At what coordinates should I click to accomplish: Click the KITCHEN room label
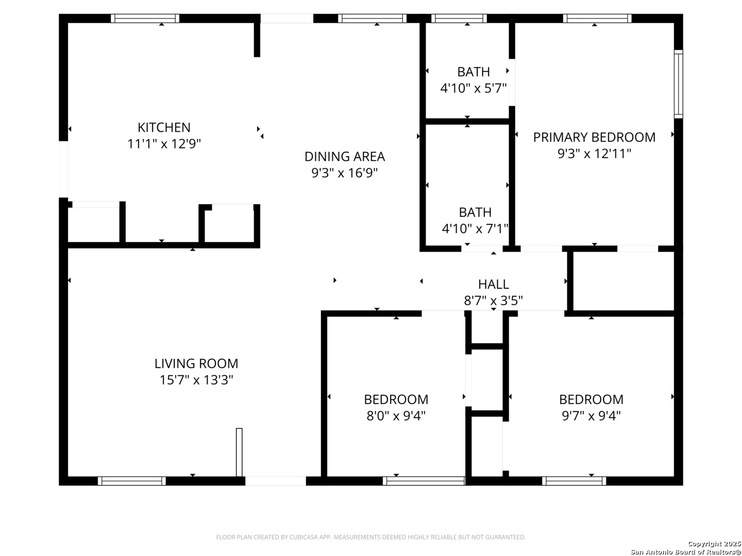click(x=164, y=127)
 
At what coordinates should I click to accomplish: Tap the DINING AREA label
click(x=345, y=157)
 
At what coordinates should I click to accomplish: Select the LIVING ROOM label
click(x=196, y=363)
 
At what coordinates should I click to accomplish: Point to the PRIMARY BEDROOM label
click(x=594, y=137)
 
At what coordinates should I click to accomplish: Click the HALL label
click(x=494, y=284)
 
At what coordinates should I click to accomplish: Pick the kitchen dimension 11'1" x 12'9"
click(x=164, y=144)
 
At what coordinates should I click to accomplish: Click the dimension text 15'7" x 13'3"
click(x=196, y=380)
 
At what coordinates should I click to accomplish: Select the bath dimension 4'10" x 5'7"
click(x=473, y=89)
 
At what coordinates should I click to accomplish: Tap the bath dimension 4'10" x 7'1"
click(x=475, y=229)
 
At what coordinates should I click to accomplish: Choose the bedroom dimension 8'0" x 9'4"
click(x=396, y=416)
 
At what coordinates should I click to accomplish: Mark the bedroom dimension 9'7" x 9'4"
click(x=591, y=416)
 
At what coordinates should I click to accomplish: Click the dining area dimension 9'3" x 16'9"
click(x=345, y=173)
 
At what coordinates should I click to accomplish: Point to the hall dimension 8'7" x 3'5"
click(x=494, y=301)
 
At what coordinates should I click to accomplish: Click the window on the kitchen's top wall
click(x=145, y=18)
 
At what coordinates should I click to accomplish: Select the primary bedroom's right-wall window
click(x=679, y=84)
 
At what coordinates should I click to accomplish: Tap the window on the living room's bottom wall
click(x=132, y=481)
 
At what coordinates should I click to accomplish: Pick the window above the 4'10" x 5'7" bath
click(x=459, y=18)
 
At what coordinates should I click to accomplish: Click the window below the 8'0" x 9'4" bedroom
click(x=424, y=481)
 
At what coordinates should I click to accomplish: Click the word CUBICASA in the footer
click(x=303, y=537)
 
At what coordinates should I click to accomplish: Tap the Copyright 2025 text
click(x=714, y=544)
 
